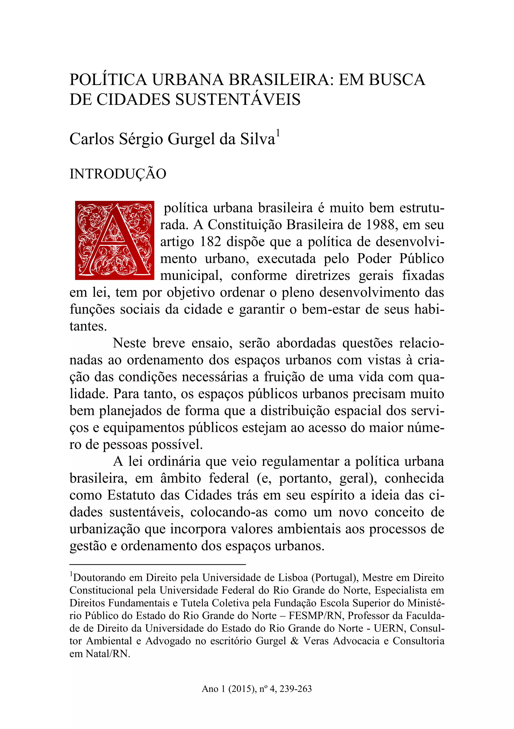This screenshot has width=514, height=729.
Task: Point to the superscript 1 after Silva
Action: (x=278, y=133)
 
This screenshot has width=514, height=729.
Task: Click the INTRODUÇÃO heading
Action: (x=118, y=174)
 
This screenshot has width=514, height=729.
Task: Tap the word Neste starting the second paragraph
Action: (x=130, y=343)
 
